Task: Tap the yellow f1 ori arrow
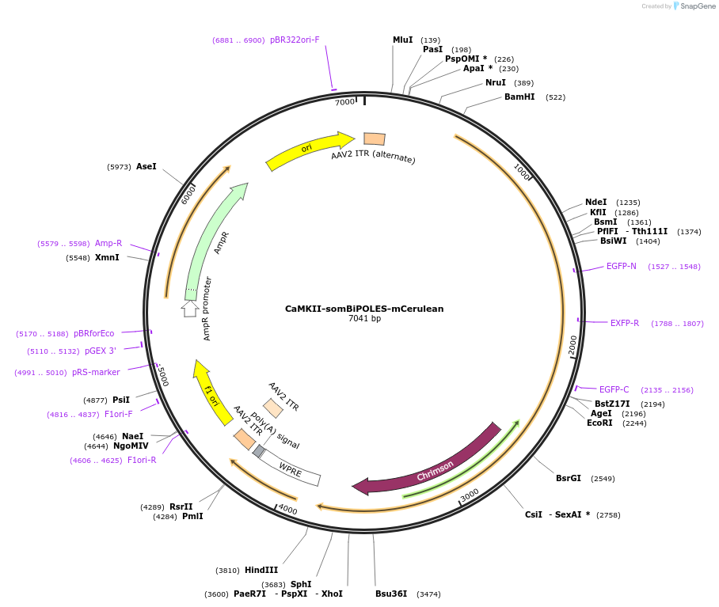pyautogui.click(x=208, y=385)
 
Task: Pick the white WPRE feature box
pyautogui.click(x=290, y=468)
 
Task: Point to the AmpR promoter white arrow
pyautogui.click(x=190, y=309)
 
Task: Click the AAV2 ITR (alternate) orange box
pyautogui.click(x=375, y=139)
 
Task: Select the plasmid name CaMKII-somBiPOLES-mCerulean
pyautogui.click(x=364, y=309)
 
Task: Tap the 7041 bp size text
pyautogui.click(x=364, y=319)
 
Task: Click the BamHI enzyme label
pyautogui.click(x=519, y=97)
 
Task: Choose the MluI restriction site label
pyautogui.click(x=403, y=40)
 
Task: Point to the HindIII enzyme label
pyautogui.click(x=261, y=570)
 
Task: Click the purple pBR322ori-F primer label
pyautogui.click(x=295, y=40)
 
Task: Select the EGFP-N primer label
pyautogui.click(x=622, y=266)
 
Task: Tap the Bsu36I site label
pyautogui.click(x=391, y=594)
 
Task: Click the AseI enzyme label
pyautogui.click(x=146, y=166)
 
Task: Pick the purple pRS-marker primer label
pyautogui.click(x=96, y=372)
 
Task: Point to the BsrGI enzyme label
pyautogui.click(x=569, y=478)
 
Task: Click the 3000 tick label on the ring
pyautogui.click(x=470, y=494)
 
